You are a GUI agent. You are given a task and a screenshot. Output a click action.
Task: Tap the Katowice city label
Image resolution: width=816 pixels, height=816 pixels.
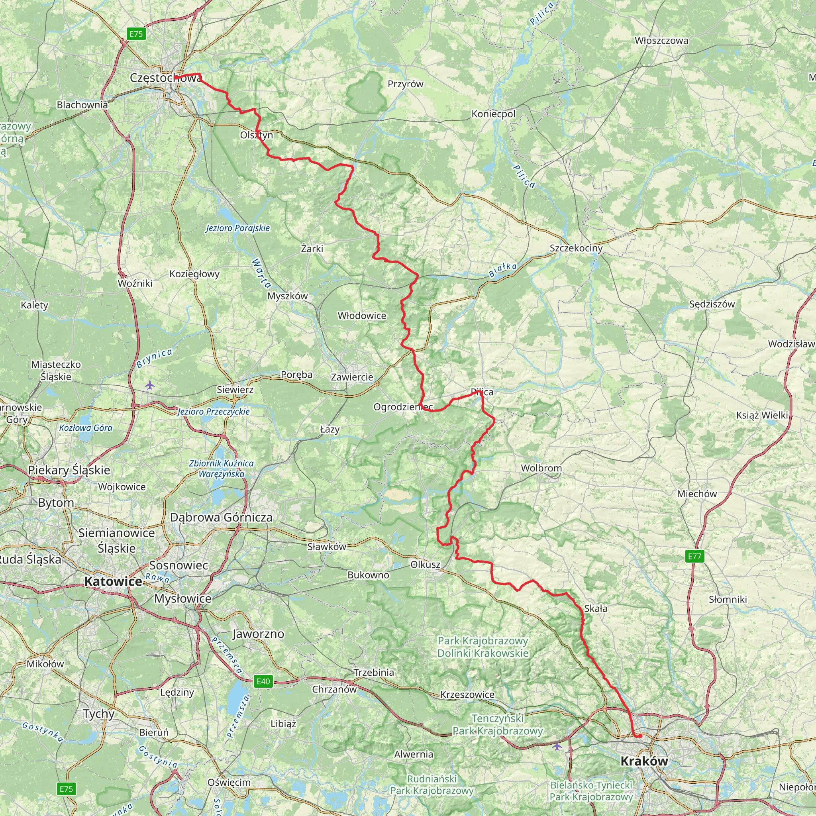113,582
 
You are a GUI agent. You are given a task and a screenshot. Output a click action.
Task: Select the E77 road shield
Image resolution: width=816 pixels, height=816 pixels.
694,556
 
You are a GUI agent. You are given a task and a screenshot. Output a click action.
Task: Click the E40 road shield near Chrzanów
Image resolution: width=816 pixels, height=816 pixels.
263,681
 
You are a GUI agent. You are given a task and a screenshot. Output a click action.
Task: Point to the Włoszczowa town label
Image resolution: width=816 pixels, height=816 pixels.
661,41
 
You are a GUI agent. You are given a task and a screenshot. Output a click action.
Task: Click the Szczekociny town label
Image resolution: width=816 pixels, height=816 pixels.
576,248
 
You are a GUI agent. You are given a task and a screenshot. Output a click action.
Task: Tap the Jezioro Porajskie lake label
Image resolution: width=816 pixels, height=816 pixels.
238,228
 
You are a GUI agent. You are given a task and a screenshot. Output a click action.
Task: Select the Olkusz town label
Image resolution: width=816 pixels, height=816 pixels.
425,565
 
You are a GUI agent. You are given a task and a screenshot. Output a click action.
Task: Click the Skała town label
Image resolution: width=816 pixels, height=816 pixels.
596,609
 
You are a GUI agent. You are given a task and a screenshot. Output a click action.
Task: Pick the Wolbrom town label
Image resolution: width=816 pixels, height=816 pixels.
541,468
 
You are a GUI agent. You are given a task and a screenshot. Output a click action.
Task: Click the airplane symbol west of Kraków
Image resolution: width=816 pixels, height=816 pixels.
557,747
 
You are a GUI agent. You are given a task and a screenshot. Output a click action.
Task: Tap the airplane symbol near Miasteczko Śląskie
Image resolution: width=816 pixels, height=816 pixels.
149,385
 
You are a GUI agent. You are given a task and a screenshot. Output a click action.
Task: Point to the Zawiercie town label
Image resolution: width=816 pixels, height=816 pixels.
352,377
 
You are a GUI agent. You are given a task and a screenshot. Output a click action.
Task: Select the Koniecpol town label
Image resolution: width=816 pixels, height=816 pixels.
493,114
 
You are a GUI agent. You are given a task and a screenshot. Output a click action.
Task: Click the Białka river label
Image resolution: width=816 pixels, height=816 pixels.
502,270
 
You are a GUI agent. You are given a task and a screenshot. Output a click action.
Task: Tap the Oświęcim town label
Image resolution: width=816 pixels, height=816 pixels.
229,782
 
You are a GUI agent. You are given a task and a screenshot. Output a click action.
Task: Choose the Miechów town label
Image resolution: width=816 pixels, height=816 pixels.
697,494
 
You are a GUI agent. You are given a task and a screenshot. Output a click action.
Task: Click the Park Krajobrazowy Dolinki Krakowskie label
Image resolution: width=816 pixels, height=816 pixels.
483,647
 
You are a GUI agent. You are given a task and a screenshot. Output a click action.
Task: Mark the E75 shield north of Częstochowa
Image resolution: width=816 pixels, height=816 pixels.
136,34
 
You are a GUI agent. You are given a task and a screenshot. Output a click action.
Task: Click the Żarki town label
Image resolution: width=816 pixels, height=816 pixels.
312,249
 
